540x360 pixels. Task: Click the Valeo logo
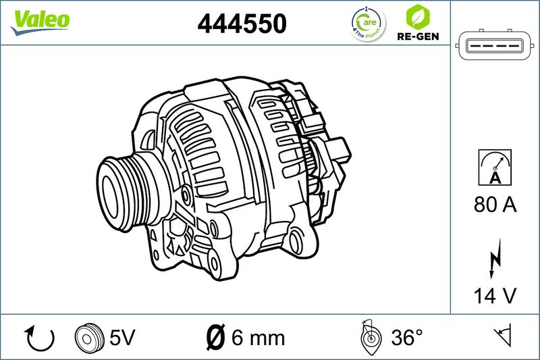click(x=40, y=22)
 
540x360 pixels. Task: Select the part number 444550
click(x=242, y=24)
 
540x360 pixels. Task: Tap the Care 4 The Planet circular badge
click(x=368, y=24)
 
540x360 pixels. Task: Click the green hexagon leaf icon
click(x=418, y=17)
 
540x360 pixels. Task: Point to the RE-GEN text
click(x=418, y=36)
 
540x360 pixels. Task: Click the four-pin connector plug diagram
click(x=495, y=45)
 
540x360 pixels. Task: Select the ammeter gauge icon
click(x=495, y=168)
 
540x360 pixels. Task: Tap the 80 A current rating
click(x=495, y=204)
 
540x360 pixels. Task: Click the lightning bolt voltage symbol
click(x=495, y=258)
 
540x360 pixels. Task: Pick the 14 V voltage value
click(x=495, y=296)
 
